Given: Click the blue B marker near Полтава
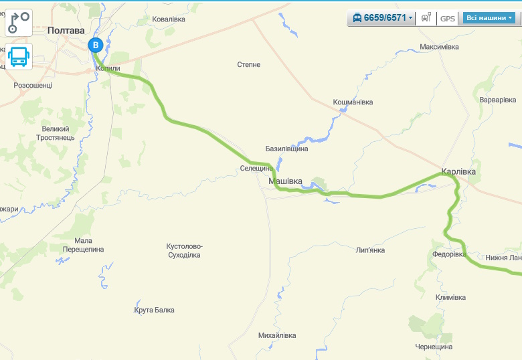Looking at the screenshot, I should point(96,46).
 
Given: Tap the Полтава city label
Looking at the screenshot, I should point(66,30).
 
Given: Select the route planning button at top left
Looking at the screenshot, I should point(19,21).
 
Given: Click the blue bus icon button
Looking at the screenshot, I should point(19,57).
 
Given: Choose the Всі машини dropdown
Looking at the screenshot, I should point(489,18).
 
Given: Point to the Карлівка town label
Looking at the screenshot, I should point(458,172).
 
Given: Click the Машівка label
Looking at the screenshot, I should point(285,181).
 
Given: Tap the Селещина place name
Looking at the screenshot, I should point(256,169).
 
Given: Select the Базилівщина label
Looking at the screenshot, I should point(286,149).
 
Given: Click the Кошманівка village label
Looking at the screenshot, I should point(353,102).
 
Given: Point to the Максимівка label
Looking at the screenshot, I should point(439,48).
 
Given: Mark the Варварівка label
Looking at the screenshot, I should point(498,100).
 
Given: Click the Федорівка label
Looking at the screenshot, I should point(449,254).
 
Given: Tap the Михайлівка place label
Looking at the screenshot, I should point(276,335).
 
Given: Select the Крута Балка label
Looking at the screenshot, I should point(154,310).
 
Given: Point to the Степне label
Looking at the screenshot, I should point(249,65).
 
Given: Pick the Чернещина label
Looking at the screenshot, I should point(434,347).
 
